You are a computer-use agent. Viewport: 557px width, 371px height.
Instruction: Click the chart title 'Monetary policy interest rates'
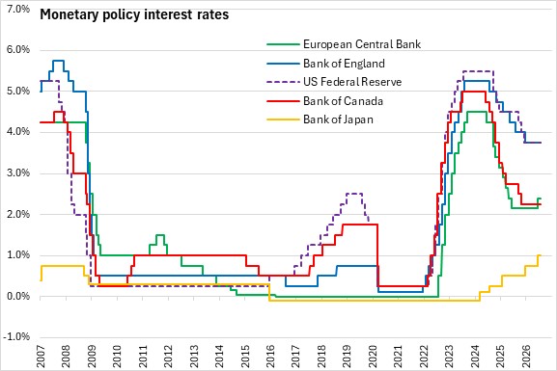(134, 14)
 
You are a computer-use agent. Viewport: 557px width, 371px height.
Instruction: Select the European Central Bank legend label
(362, 44)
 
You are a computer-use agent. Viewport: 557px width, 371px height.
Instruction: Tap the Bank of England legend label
(344, 64)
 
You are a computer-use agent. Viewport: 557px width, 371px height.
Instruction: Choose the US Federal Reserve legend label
(352, 82)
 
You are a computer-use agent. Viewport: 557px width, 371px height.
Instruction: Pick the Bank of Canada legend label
(343, 101)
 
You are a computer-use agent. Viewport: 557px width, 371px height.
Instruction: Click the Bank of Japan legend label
(338, 119)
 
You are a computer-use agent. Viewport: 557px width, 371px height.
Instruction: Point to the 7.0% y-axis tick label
(18, 9)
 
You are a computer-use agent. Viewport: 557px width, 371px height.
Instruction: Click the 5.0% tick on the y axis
(18, 92)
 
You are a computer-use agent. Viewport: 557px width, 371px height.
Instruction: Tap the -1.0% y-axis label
(16, 336)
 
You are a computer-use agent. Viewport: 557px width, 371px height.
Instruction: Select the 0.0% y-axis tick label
(18, 296)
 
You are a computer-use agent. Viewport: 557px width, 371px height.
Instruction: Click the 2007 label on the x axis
(41, 357)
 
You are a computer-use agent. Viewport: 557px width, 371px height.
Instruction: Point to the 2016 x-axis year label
(270, 357)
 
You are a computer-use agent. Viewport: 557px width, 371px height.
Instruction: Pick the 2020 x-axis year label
(373, 357)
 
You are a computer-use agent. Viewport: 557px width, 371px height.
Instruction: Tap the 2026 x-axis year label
(525, 357)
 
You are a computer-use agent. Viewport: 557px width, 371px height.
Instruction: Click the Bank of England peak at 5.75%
(58, 61)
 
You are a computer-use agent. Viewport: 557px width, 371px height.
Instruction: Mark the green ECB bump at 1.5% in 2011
(160, 235)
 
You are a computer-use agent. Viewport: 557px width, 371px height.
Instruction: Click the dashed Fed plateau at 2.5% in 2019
(354, 194)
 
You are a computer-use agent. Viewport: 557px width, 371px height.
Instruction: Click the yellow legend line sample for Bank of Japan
(284, 119)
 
